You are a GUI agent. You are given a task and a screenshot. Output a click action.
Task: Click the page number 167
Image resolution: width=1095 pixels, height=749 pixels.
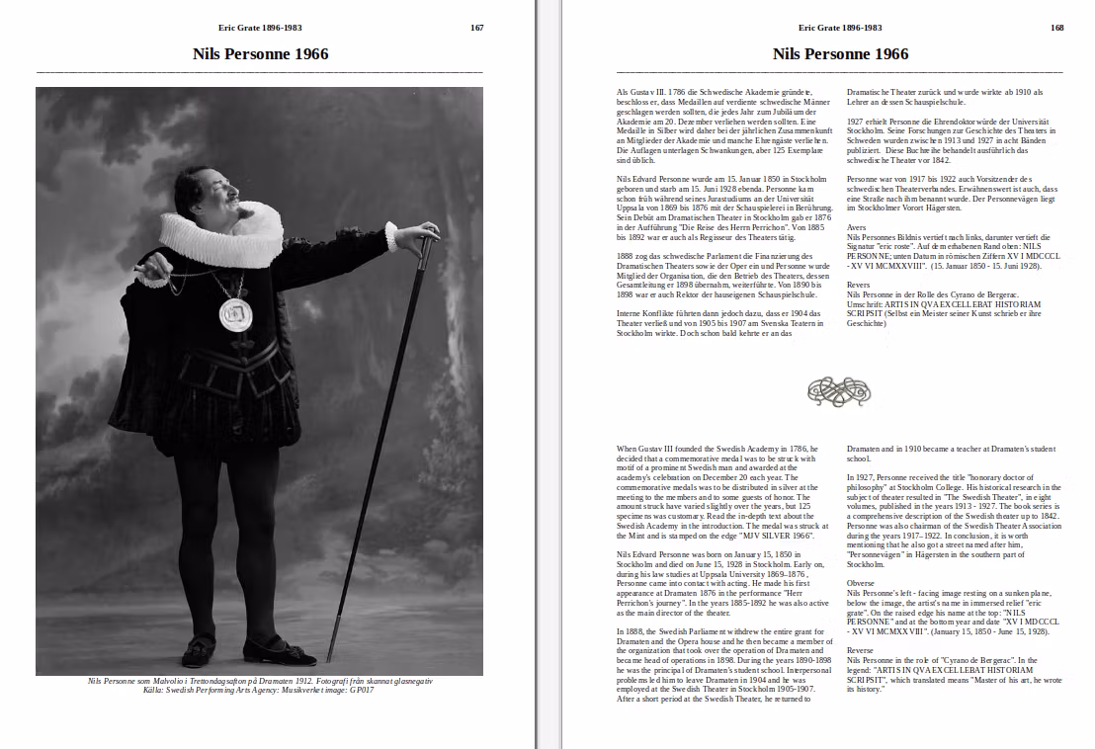(x=477, y=28)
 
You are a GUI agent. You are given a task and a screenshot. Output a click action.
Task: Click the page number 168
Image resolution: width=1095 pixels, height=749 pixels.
(x=1057, y=28)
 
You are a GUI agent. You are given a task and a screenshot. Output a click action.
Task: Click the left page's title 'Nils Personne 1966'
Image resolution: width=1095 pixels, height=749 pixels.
(x=260, y=53)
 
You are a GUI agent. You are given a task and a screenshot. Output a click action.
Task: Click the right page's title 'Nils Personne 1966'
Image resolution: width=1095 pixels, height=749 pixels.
(x=840, y=53)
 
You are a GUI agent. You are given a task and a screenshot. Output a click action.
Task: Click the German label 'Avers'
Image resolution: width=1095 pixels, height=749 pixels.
(x=856, y=227)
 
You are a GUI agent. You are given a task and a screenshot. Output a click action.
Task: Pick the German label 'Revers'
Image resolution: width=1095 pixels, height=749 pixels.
(x=858, y=284)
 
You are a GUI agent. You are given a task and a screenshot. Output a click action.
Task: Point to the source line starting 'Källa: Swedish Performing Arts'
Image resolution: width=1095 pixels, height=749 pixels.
(x=258, y=690)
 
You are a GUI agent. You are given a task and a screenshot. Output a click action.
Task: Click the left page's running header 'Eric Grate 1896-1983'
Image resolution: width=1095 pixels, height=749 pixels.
(x=260, y=28)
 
